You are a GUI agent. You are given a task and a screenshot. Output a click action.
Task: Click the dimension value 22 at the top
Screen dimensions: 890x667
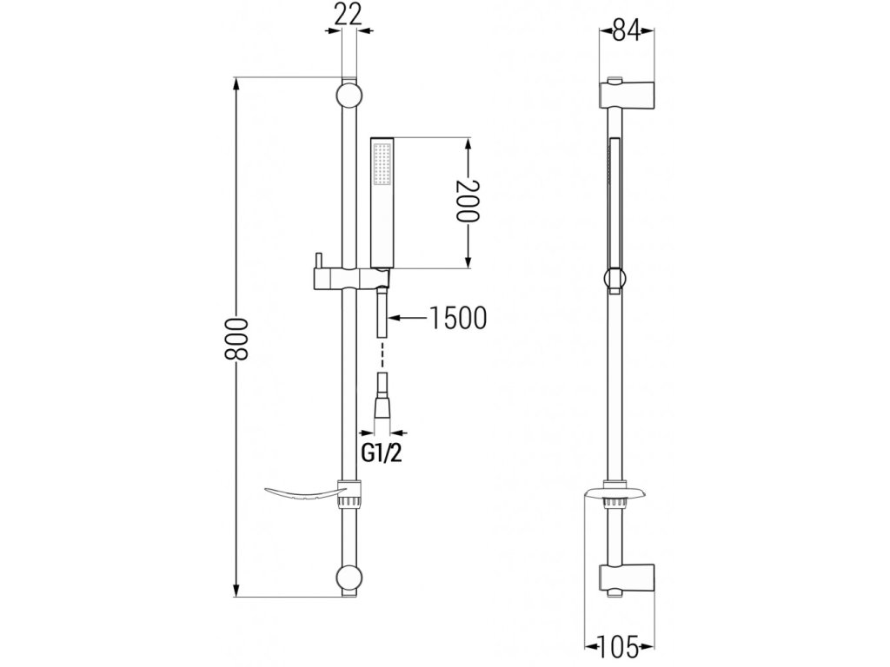(x=347, y=13)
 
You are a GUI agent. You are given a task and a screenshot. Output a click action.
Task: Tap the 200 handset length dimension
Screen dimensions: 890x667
(x=468, y=201)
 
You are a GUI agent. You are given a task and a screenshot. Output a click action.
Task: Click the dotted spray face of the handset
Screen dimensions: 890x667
(x=381, y=165)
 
